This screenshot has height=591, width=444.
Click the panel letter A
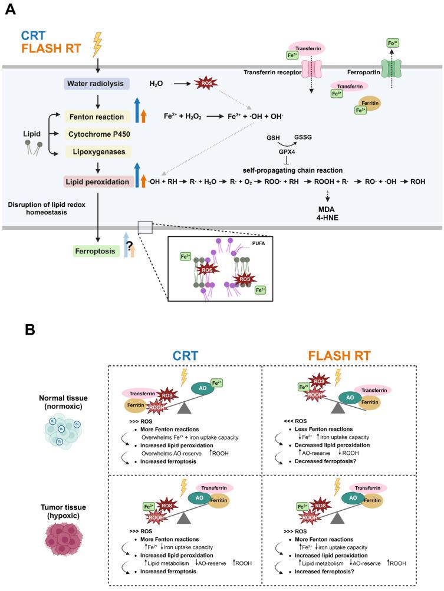pyautogui.click(x=10, y=10)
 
